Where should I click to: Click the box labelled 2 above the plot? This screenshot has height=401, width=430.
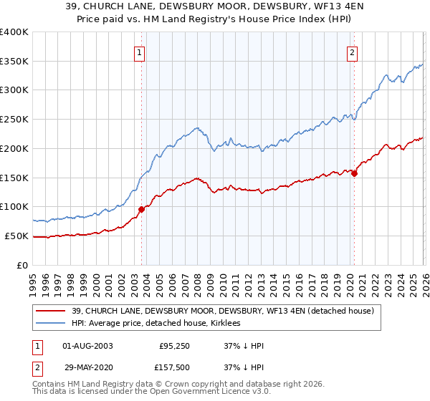point(353,52)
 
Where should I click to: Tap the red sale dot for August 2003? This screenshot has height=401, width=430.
point(141,209)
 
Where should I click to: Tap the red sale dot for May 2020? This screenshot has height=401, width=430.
point(354,173)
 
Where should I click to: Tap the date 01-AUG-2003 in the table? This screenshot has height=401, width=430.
point(87,346)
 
